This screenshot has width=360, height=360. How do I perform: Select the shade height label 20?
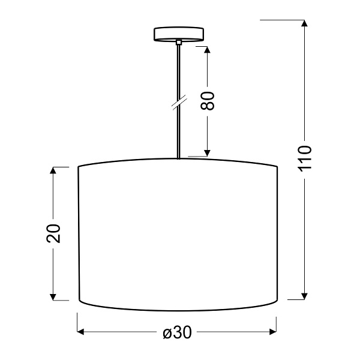pos(53,233)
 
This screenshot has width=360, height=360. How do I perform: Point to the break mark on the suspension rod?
pos(178,103)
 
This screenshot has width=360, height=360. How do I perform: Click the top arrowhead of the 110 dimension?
pos(305,24)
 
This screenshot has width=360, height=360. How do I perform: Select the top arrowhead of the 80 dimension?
pos(207,49)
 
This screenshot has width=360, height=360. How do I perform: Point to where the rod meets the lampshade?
pos(178,158)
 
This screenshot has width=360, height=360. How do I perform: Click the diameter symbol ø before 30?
pos(167,332)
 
